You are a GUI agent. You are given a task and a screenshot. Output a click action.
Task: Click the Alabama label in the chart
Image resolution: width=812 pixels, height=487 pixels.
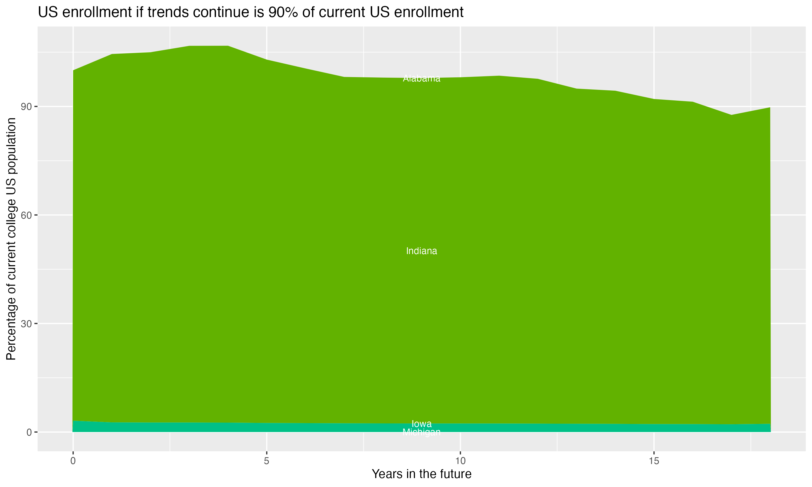(421, 78)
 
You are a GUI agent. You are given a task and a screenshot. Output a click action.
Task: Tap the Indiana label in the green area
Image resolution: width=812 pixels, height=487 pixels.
(421, 251)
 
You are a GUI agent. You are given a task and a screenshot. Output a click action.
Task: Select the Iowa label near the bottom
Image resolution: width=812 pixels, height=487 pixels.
(421, 424)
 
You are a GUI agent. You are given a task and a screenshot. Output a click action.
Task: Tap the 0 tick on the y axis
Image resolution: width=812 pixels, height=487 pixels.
(30, 432)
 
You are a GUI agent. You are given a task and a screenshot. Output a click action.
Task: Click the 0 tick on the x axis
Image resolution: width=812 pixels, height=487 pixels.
(73, 461)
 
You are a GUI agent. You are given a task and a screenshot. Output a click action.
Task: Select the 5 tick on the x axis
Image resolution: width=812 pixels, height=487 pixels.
(267, 461)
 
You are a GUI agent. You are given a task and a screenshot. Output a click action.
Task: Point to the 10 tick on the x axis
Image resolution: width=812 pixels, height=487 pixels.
(460, 461)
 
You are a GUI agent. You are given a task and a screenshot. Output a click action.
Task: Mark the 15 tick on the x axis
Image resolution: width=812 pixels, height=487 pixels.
(654, 461)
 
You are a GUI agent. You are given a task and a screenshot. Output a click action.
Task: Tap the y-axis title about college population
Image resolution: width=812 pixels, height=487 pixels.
(11, 239)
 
